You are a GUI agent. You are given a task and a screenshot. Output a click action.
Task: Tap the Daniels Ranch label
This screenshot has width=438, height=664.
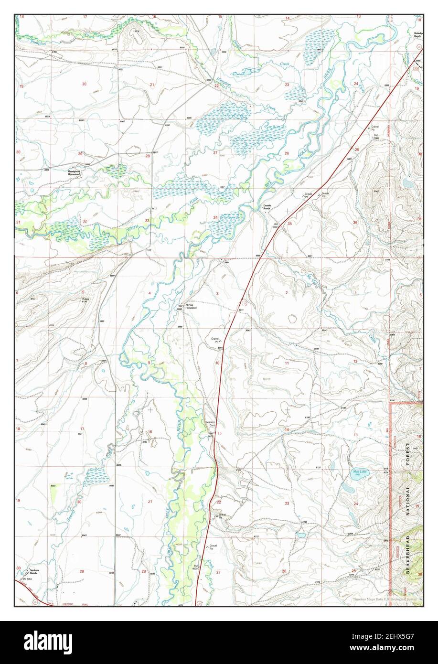pos(267,207)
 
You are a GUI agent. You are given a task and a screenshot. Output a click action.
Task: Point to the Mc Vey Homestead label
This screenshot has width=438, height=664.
pos(191,306)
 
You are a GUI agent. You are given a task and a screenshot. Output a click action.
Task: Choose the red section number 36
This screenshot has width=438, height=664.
pos(355,223)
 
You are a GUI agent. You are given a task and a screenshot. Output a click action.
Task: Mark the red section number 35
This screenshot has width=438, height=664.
pos(289,223)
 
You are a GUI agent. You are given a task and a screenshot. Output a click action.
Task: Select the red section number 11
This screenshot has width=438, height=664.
pos(287,364)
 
